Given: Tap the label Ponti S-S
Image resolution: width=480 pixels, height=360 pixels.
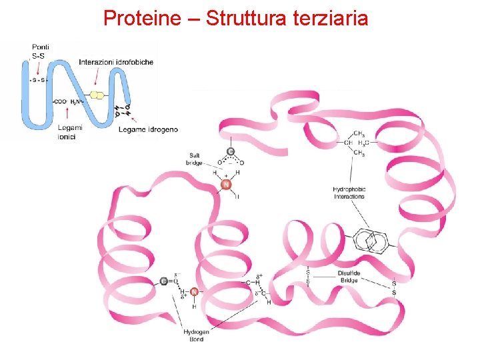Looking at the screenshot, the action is (40, 51).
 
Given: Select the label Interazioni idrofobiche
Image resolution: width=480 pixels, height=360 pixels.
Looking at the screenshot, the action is (116, 62).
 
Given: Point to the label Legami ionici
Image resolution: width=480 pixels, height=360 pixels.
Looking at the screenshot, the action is (70, 132).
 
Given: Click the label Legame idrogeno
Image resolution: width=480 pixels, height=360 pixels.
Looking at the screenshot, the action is (148, 129).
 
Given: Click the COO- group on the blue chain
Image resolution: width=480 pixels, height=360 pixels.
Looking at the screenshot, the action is (61, 101).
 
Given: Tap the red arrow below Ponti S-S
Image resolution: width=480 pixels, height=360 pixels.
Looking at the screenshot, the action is (39, 67).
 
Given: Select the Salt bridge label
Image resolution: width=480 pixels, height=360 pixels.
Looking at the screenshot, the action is (195, 159).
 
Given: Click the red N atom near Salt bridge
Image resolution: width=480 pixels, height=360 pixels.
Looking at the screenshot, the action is (225, 185).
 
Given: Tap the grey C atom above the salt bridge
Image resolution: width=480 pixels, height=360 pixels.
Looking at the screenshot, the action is (230, 152).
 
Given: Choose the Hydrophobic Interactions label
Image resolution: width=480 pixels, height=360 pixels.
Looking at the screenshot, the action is (349, 193).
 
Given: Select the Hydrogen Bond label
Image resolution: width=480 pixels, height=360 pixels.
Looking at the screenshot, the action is (196, 335).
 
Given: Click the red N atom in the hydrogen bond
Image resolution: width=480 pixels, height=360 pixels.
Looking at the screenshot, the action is (194, 291).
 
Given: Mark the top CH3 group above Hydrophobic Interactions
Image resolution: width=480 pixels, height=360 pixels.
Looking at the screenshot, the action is (359, 133).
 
